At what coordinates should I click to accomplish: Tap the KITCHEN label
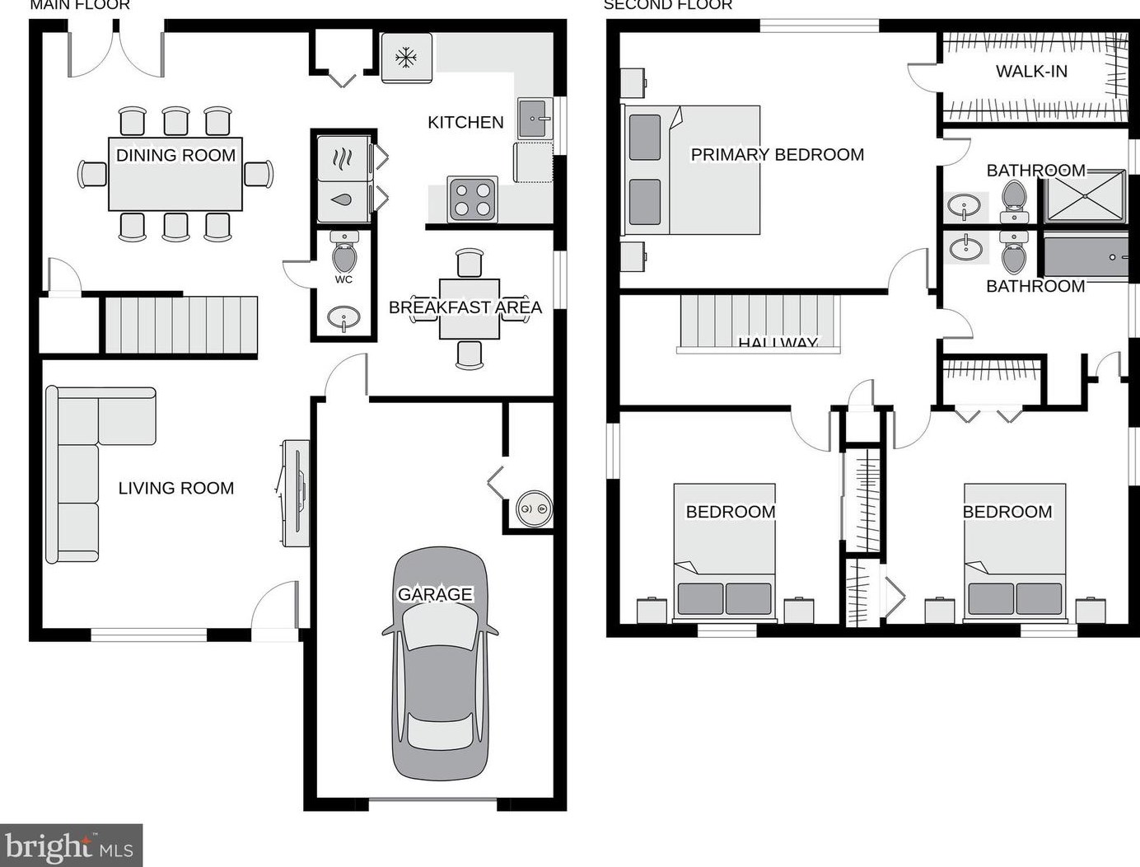click(x=465, y=123)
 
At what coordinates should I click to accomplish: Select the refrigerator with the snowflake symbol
click(x=406, y=58)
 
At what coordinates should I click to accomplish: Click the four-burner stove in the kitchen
click(x=473, y=199)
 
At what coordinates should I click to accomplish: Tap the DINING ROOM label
click(x=175, y=155)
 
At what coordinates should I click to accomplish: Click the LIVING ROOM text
click(x=175, y=488)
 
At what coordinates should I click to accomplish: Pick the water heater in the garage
click(x=534, y=509)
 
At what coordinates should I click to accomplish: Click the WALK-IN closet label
click(x=1031, y=72)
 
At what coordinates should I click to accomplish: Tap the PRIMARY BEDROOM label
click(x=777, y=155)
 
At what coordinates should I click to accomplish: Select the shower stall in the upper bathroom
click(x=1085, y=196)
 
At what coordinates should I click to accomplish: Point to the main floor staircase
click(x=180, y=325)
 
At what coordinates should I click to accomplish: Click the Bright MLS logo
click(x=71, y=845)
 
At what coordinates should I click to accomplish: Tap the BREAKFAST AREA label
click(x=465, y=307)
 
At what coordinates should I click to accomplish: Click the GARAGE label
click(x=435, y=594)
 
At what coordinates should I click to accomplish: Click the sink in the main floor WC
click(x=343, y=317)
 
